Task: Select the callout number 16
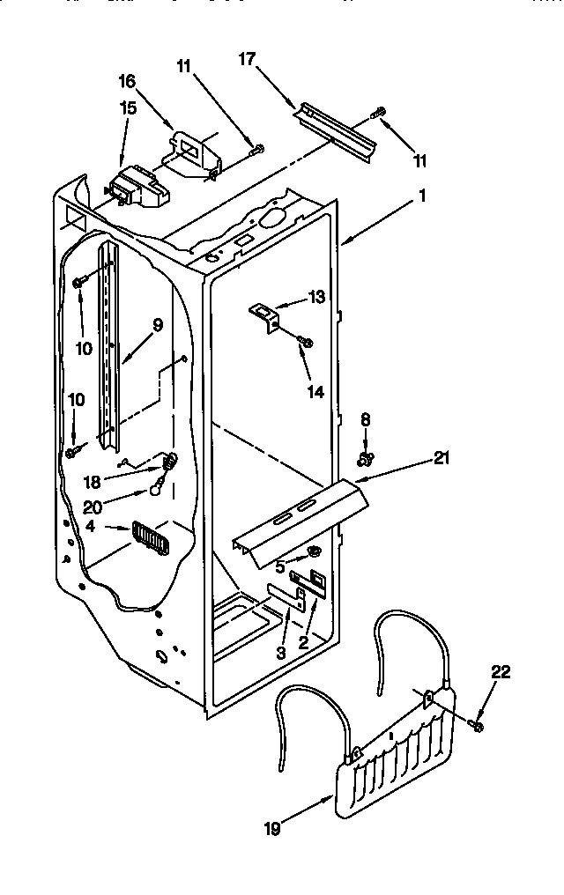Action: [129, 81]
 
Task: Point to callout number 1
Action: [422, 197]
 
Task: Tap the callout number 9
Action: [158, 324]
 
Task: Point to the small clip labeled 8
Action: [365, 458]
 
